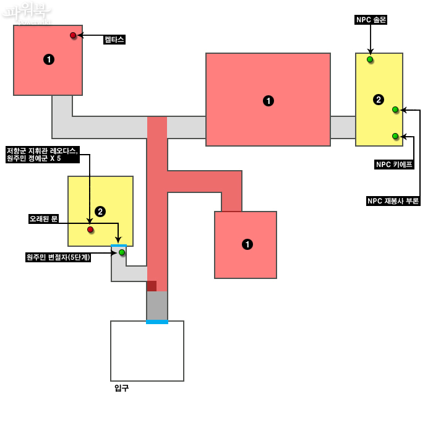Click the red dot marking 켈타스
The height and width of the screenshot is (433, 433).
pyautogui.click(x=73, y=35)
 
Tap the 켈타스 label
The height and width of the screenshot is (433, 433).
pyautogui.click(x=114, y=40)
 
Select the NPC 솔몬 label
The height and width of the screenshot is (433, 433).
pyautogui.click(x=371, y=20)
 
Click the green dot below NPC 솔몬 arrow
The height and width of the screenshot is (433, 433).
pyautogui.click(x=370, y=59)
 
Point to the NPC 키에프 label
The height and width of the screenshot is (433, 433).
pyautogui.click(x=394, y=165)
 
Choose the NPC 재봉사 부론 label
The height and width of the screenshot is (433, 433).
pyautogui.click(x=393, y=201)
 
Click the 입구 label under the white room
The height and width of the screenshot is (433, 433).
pyautogui.click(x=122, y=388)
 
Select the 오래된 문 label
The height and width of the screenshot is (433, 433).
pyautogui.click(x=43, y=219)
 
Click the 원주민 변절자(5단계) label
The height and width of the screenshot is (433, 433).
pyautogui.click(x=58, y=257)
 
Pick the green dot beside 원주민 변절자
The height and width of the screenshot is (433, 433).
pyautogui.click(x=122, y=252)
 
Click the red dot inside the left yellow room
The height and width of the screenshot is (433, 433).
pyautogui.click(x=90, y=229)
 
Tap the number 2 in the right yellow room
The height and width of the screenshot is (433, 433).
pyautogui.click(x=379, y=99)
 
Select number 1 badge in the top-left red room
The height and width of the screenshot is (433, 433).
pyautogui.click(x=49, y=59)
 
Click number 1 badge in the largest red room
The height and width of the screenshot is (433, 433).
pyautogui.click(x=268, y=100)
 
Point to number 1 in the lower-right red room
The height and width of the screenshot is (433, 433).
pyautogui.click(x=247, y=244)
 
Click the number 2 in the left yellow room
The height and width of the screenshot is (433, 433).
pyautogui.click(x=100, y=212)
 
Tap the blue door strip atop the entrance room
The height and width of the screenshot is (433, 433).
pyautogui.click(x=157, y=322)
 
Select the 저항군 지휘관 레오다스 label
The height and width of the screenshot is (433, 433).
pyautogui.click(x=43, y=155)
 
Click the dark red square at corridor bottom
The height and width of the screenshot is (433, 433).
pyautogui.click(x=152, y=286)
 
